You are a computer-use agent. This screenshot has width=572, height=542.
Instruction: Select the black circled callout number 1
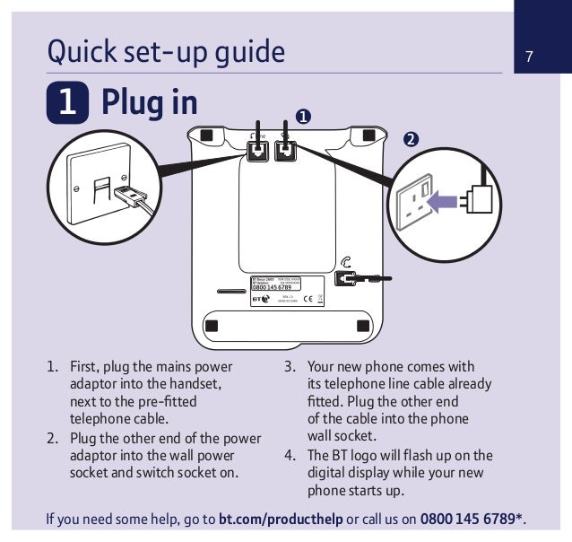(x=304, y=117)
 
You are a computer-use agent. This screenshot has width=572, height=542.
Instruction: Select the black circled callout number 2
(x=410, y=139)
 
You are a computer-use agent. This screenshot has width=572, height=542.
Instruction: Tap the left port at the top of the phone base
(x=257, y=150)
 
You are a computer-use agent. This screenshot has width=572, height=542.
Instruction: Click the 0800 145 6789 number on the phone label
(x=265, y=287)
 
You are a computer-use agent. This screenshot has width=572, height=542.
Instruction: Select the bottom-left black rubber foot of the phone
(x=212, y=324)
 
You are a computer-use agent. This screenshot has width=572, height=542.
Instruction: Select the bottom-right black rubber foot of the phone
(x=362, y=324)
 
